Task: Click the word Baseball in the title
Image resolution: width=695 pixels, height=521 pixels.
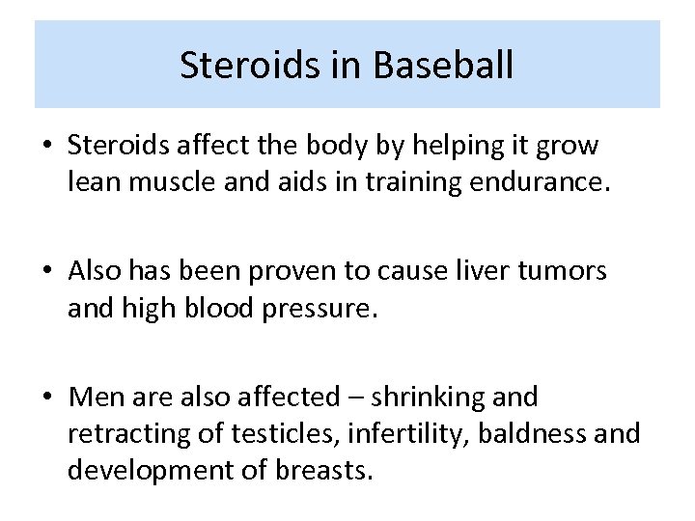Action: tap(443, 66)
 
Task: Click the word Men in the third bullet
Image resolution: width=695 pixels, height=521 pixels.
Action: tap(93, 397)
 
